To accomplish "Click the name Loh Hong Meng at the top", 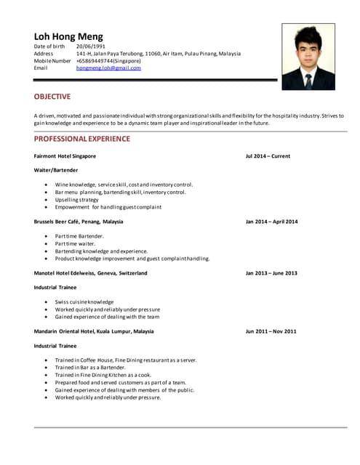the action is [x=68, y=36].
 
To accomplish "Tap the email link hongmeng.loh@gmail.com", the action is [x=108, y=68].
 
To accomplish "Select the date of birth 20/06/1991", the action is [x=91, y=46].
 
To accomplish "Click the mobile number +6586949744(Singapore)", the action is [x=108, y=61].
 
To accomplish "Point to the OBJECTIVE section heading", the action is [x=52, y=97].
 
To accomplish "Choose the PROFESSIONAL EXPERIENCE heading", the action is [x=82, y=139].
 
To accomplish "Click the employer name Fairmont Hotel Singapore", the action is [x=65, y=156].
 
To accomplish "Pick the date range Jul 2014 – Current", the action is [x=268, y=156].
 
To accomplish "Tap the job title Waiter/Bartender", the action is [x=56, y=170].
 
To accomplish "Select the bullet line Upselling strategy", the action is [x=76, y=200].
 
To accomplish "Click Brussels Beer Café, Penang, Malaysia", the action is [x=79, y=222].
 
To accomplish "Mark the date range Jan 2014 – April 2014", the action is [x=271, y=222].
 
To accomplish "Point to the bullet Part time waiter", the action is [x=75, y=243].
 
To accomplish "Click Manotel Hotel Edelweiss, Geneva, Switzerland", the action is [x=90, y=273].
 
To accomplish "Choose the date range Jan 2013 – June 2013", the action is [x=271, y=273].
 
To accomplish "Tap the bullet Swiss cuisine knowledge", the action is [x=84, y=302].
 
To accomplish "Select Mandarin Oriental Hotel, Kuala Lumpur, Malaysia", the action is [x=94, y=331].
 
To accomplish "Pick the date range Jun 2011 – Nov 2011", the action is [x=271, y=331].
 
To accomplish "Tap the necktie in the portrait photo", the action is [x=308, y=80].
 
